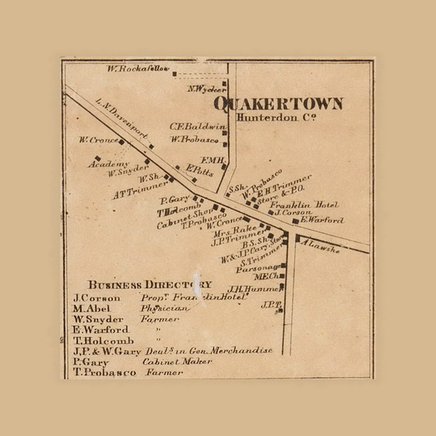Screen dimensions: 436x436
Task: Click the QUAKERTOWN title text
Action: point(278,104)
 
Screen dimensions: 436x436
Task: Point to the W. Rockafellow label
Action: point(137,70)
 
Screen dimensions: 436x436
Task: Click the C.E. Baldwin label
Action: point(198,126)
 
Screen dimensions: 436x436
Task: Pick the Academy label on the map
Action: point(108,164)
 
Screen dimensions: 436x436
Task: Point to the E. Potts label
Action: point(198,169)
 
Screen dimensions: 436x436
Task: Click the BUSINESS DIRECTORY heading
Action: point(150,284)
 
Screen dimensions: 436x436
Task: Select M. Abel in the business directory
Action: point(90,308)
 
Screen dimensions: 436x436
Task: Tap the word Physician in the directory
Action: point(164,308)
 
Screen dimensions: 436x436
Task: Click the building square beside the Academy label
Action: point(97,158)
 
